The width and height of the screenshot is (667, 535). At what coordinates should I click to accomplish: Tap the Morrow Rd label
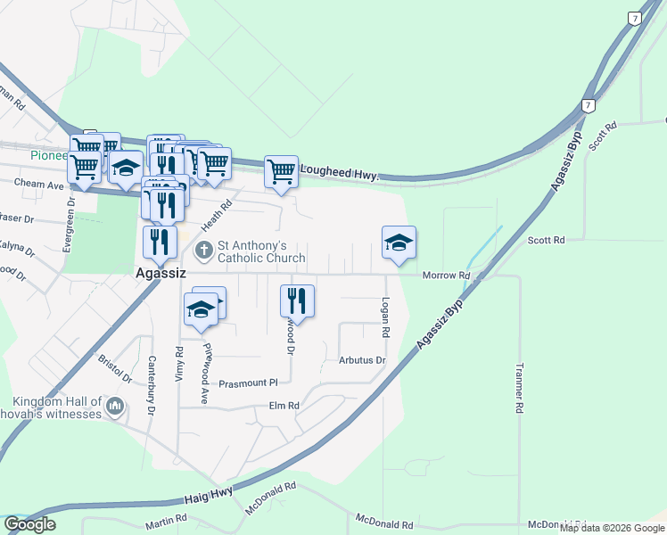coord(446,276)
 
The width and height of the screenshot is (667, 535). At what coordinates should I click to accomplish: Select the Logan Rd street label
coord(386,317)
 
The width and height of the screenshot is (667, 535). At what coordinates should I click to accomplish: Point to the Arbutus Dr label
coord(362,361)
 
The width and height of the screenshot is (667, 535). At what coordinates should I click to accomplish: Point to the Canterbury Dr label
coord(152,386)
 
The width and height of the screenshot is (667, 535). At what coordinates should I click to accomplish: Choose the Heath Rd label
coord(216,215)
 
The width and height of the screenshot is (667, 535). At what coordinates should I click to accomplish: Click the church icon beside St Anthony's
coord(203,251)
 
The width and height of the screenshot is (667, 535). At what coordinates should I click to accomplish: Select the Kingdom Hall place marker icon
coord(114,407)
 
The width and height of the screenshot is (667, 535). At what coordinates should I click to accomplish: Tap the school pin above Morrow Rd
coord(399,243)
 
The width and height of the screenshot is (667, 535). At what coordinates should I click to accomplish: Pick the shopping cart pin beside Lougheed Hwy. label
coord(281,171)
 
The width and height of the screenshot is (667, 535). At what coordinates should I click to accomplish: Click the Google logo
coord(29,524)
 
